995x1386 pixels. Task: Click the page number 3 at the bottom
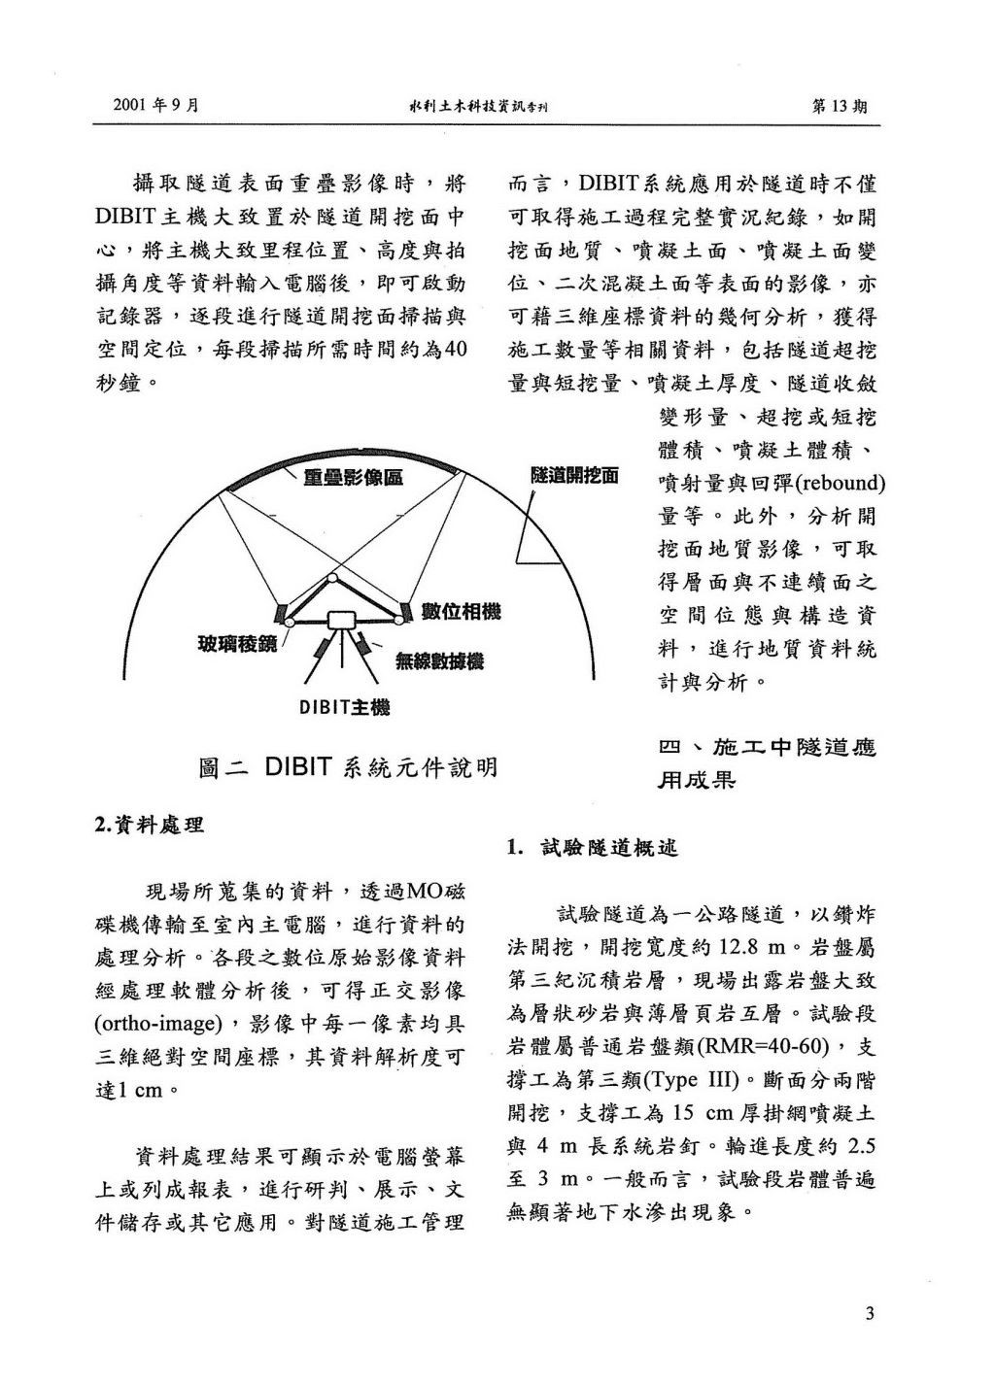click(x=870, y=1315)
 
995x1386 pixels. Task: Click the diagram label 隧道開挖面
click(x=574, y=476)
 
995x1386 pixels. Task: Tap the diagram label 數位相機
click(x=462, y=612)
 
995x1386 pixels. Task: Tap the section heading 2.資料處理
click(x=149, y=826)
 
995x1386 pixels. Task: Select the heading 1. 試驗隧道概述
click(x=591, y=848)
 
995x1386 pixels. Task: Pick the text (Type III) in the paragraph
click(x=691, y=1079)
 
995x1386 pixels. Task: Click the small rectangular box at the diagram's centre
click(x=342, y=621)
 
